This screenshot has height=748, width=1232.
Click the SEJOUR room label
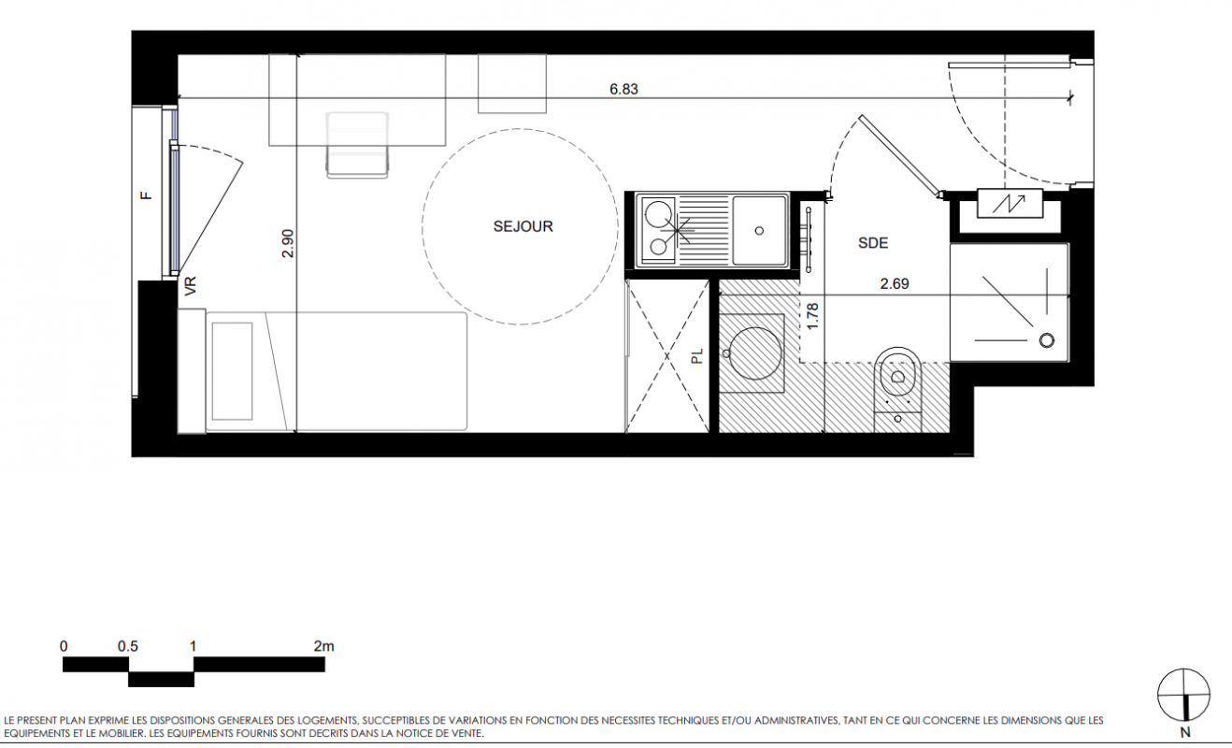tap(523, 226)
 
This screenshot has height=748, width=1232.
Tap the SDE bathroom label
tap(873, 243)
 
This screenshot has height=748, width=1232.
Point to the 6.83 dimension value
tap(623, 89)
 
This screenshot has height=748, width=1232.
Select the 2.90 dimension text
tap(288, 244)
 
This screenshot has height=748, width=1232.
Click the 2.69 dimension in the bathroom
tap(895, 284)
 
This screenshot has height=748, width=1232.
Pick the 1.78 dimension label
tap(812, 316)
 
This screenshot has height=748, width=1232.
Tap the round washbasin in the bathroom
tap(754, 353)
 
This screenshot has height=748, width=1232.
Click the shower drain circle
tap(1047, 340)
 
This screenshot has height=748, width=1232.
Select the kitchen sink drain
tap(760, 231)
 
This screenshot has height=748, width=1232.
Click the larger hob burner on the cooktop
tap(658, 214)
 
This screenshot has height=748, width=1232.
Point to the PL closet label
tap(697, 356)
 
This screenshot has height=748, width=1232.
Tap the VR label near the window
tap(191, 286)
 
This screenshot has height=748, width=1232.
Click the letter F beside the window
tap(147, 195)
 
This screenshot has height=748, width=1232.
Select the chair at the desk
tap(357, 145)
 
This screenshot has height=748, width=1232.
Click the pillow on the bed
tap(232, 371)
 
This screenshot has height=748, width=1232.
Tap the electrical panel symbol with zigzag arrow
tap(1010, 203)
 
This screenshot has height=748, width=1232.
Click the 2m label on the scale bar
tap(324, 646)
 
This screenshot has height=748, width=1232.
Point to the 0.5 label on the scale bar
tap(128, 646)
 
